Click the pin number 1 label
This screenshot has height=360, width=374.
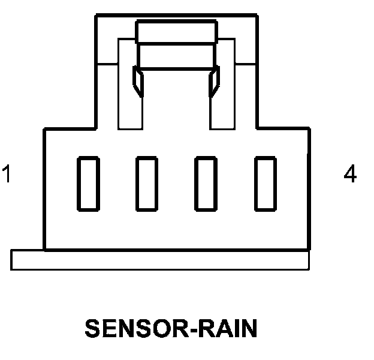point(7,174)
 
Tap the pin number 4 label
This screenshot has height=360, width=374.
point(350,174)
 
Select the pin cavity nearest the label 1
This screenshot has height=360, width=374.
point(88,184)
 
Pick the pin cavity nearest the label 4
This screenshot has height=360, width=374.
point(266,184)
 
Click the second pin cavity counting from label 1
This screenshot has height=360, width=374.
point(147,184)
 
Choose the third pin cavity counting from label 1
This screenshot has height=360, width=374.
point(207,184)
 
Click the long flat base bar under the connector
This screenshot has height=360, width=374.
point(160,260)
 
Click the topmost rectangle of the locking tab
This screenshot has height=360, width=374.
point(176,32)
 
